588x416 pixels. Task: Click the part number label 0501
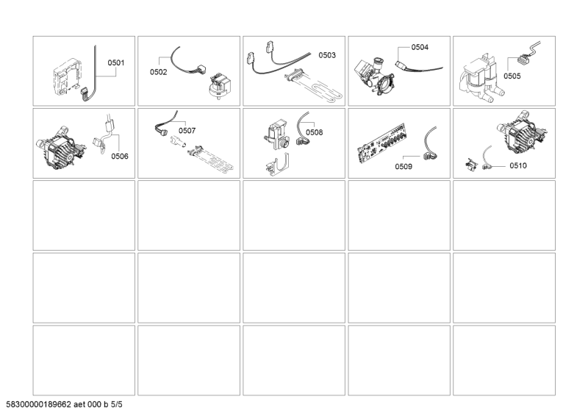[x=116, y=62]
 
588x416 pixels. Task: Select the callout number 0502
[x=158, y=72]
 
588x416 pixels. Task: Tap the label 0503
[x=327, y=55]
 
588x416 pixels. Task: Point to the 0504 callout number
[x=420, y=47]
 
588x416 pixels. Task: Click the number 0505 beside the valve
[x=512, y=76]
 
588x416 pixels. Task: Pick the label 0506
[x=120, y=156]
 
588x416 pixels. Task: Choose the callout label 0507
[x=187, y=131]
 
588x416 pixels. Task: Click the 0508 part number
[x=315, y=132]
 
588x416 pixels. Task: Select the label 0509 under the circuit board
[x=404, y=167]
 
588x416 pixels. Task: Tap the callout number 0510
[x=518, y=165]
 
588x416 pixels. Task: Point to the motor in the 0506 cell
[x=61, y=150]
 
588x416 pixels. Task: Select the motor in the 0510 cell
[x=522, y=132]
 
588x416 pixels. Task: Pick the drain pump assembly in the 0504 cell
[x=374, y=76]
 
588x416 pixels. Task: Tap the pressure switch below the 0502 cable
[x=219, y=85]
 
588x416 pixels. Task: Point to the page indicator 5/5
[x=117, y=404]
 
